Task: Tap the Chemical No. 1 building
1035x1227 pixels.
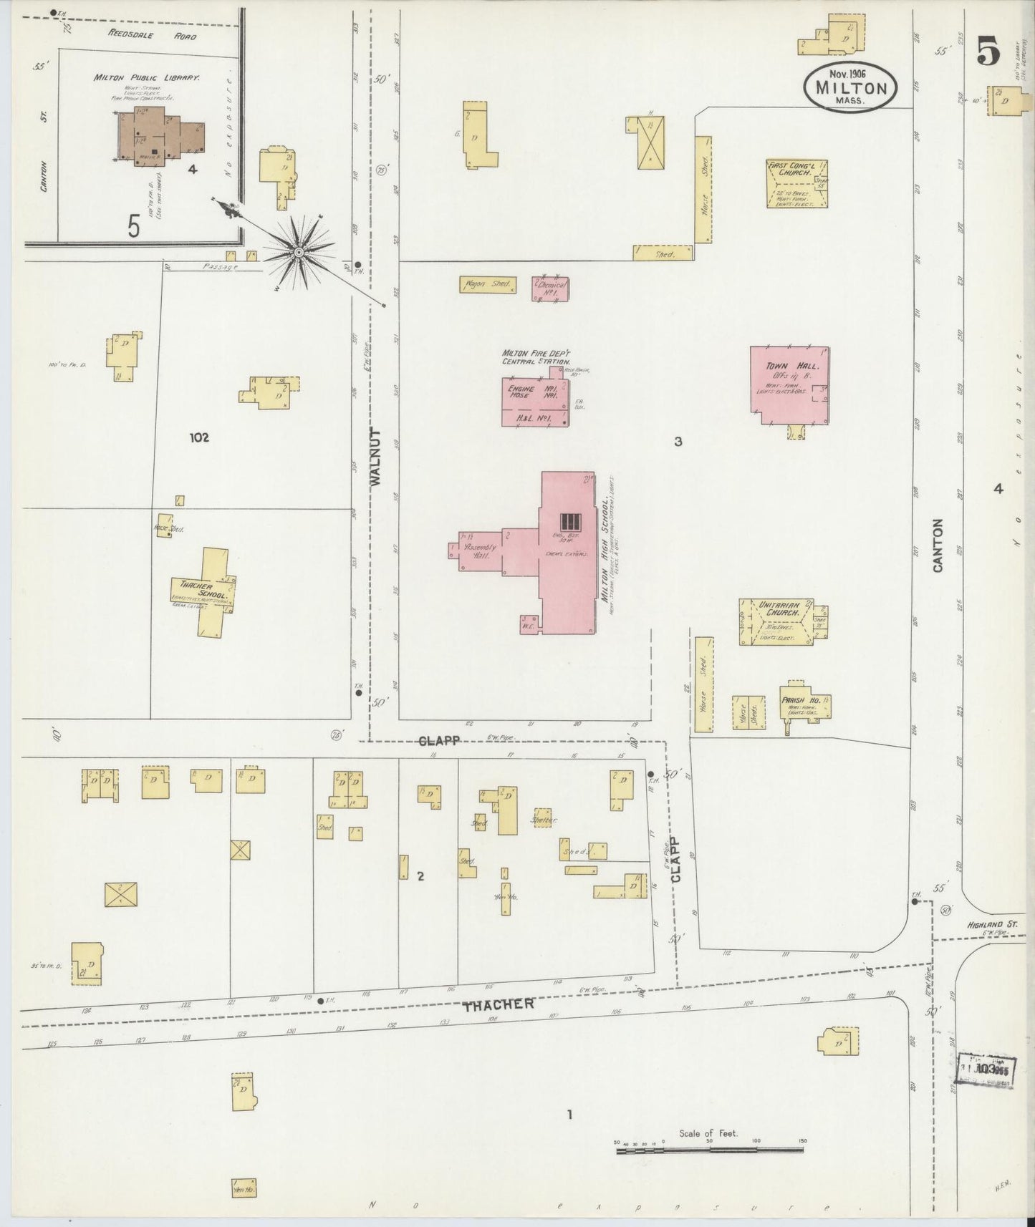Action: tap(551, 288)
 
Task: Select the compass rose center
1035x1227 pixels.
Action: tap(298, 251)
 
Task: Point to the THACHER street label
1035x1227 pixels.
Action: tap(498, 1005)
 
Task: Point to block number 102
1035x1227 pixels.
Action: tap(198, 437)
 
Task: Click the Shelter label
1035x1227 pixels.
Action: tap(544, 820)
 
